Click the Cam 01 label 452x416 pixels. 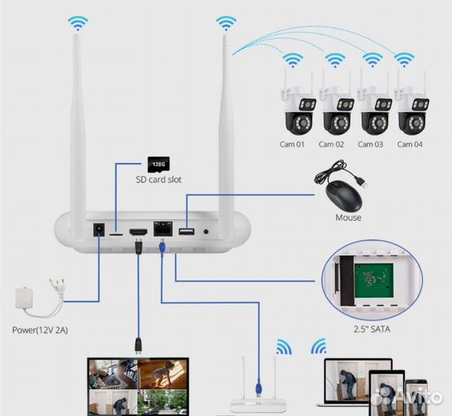(292, 144)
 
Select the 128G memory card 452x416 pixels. (159, 165)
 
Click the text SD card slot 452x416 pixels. (159, 179)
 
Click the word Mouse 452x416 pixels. (348, 217)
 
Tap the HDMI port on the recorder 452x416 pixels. (139, 231)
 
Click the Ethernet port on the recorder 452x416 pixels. (163, 229)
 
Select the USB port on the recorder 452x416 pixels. (186, 231)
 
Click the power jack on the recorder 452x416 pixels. (99, 230)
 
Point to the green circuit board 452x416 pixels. (374, 280)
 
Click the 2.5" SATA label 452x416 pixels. (372, 329)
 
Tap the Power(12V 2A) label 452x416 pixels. (40, 330)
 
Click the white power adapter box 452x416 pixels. (24, 298)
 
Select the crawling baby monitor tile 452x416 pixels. (162, 374)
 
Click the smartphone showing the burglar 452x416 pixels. (415, 397)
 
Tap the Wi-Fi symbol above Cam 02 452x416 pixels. (335, 60)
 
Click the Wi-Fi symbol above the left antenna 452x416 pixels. (78, 23)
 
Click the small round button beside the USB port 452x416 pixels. (206, 231)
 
